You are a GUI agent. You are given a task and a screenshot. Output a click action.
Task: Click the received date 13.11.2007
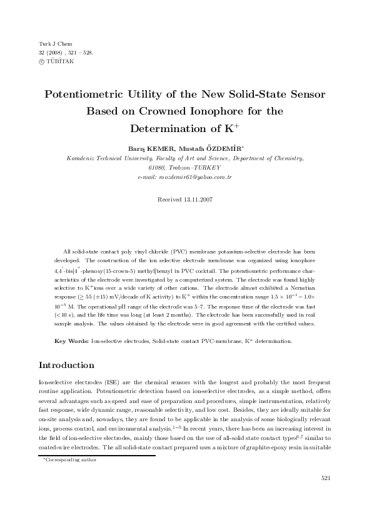coord(198,199)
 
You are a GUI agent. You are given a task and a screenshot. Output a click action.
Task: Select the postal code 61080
coord(157,168)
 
